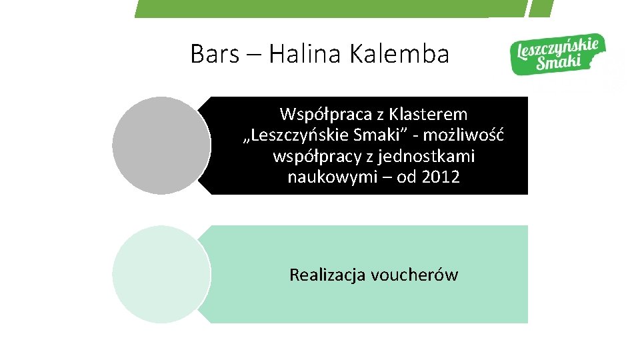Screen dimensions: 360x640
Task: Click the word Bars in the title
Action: click(214, 54)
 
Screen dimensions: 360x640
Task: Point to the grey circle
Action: click(161, 145)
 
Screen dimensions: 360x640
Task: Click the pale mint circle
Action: click(161, 274)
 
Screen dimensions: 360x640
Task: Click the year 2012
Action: click(441, 178)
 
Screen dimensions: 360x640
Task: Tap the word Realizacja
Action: click(327, 275)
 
